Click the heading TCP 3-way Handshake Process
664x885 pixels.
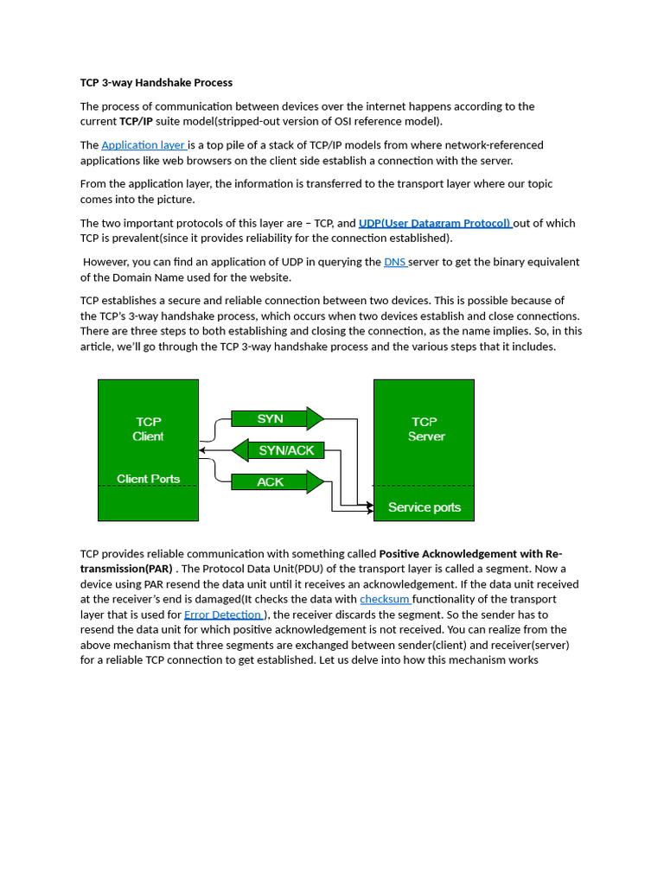coord(156,83)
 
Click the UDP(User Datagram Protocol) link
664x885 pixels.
coord(434,223)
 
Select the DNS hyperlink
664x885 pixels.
coord(394,262)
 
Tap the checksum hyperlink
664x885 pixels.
coord(385,599)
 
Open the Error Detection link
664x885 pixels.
coord(223,614)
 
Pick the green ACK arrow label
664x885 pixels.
coord(271,481)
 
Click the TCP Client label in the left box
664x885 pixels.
coord(148,430)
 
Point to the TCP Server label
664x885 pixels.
coord(425,430)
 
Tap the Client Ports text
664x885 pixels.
coord(148,479)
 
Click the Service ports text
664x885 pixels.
coord(424,507)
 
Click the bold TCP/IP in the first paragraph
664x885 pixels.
coord(136,122)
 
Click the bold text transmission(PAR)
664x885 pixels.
coord(126,569)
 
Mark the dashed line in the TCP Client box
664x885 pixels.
coord(148,487)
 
